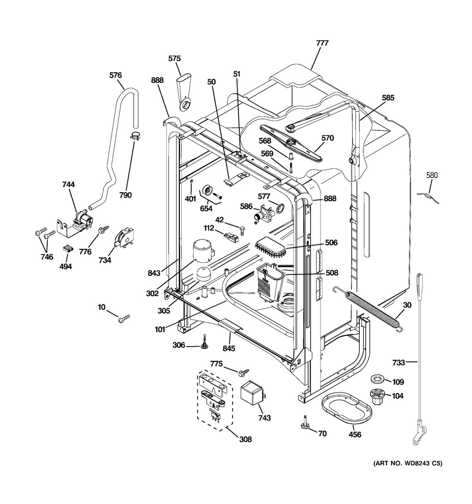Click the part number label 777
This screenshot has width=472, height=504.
322,43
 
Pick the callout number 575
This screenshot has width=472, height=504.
175,59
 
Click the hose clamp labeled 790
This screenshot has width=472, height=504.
135,137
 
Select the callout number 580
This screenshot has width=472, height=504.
432,176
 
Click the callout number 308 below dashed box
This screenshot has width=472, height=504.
245,439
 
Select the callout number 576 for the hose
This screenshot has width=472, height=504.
115,75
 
